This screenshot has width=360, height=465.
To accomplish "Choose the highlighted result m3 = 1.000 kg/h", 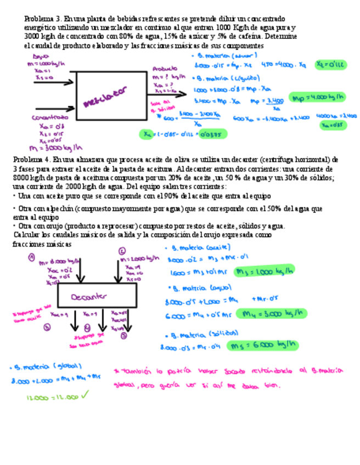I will [x=263, y=271].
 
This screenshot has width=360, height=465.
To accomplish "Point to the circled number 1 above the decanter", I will [x=32, y=257].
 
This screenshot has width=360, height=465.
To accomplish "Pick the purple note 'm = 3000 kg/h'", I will [x=54, y=146].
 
